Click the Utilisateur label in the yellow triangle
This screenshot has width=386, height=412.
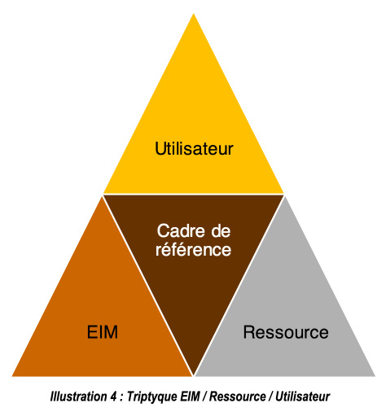(194, 148)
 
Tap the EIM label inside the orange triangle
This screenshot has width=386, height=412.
(103, 331)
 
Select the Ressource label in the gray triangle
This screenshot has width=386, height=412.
(286, 332)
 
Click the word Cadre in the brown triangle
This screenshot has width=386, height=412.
(181, 231)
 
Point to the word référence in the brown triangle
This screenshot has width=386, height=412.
(193, 249)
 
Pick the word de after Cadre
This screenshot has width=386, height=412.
(221, 231)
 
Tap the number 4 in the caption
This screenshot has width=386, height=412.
(113, 397)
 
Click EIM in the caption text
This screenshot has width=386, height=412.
(190, 397)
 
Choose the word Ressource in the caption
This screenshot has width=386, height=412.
(238, 397)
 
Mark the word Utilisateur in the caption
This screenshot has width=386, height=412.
(302, 397)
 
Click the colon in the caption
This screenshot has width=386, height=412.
(122, 398)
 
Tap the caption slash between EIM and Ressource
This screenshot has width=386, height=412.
(204, 397)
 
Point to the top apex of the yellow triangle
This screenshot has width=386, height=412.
(194, 14)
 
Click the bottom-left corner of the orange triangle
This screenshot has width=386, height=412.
(12, 376)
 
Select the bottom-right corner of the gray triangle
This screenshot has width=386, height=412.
(375, 376)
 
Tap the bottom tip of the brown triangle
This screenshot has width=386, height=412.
(194, 375)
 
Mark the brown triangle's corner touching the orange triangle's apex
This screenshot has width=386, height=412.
(103, 195)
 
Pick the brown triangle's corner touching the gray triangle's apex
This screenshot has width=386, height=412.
(283, 195)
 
